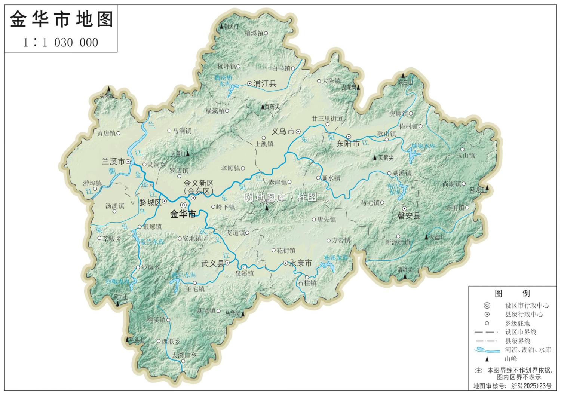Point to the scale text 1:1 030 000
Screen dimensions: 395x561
[x=61, y=43]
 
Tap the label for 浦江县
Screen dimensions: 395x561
[x=265, y=84]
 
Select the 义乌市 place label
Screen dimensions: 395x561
[x=283, y=132]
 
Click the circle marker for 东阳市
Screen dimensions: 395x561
[x=349, y=137]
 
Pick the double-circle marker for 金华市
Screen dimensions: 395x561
[x=183, y=205]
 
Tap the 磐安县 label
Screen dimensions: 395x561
[x=409, y=216]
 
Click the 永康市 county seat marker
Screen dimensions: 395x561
[x=286, y=263]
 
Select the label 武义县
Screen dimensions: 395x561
[x=212, y=264]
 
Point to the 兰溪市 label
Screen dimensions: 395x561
[x=113, y=162]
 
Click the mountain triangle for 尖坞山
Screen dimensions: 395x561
[x=109, y=89]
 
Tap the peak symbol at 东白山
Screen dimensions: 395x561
[x=403, y=75]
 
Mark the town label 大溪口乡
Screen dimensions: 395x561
[x=184, y=355]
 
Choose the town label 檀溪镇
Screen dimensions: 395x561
[x=254, y=33]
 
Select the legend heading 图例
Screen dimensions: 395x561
[x=512, y=293]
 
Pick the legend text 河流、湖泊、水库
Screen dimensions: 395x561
[x=528, y=350]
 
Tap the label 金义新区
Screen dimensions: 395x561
[x=198, y=183]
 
